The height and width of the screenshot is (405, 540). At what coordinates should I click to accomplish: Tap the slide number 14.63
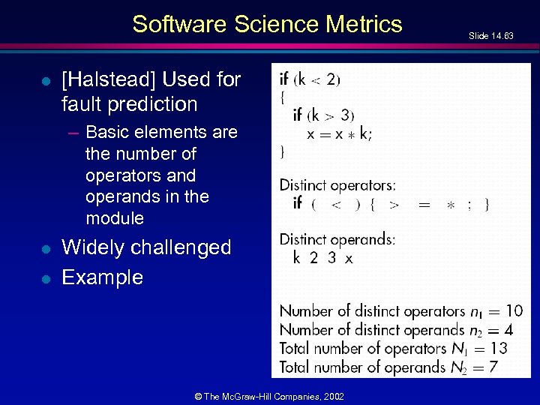(491, 36)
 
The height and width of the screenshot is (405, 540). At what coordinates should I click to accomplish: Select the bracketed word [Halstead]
(110, 79)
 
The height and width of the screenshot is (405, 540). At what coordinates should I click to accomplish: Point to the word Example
(102, 277)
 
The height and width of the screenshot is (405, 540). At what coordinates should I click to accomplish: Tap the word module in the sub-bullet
(115, 218)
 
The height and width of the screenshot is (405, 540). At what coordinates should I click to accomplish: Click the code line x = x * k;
(339, 133)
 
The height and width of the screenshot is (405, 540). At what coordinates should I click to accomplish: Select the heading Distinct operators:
(337, 184)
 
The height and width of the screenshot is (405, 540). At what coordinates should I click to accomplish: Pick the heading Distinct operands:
(337, 239)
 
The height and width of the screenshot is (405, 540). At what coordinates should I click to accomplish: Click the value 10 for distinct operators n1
(514, 310)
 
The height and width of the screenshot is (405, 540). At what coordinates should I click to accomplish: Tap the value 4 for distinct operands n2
(508, 329)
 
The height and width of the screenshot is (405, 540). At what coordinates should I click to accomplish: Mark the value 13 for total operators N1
(498, 348)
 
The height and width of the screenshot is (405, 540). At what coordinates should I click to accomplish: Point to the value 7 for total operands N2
(493, 367)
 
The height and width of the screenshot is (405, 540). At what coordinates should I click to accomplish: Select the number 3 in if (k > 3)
(344, 115)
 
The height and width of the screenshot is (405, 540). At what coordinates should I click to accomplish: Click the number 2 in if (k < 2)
(331, 79)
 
